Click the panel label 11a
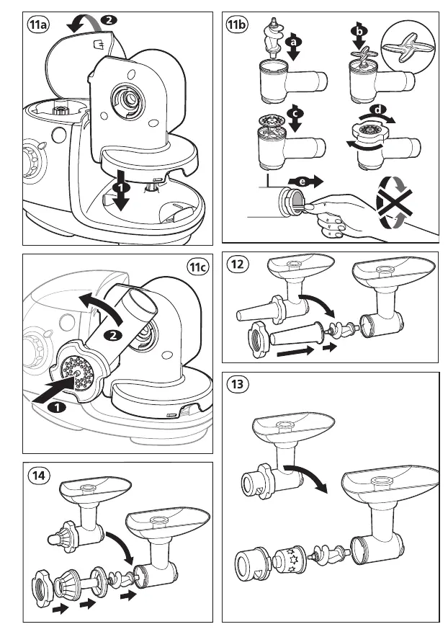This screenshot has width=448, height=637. click(38, 26)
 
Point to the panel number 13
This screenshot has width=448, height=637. click(238, 384)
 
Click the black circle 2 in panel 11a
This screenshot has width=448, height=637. click(108, 21)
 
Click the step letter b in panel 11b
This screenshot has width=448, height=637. click(357, 32)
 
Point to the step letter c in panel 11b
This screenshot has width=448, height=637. click(292, 112)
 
